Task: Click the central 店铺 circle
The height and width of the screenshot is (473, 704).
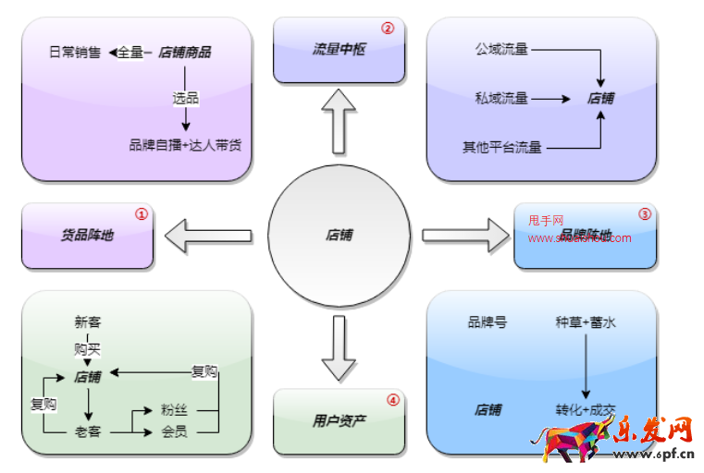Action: point(339,236)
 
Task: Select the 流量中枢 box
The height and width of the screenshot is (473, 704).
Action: point(339,50)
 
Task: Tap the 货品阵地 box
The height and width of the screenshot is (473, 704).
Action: point(87,236)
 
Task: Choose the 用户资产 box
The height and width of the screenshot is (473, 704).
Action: point(339,421)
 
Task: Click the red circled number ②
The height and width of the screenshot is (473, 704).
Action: point(388,29)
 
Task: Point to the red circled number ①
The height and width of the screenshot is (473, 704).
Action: point(142,213)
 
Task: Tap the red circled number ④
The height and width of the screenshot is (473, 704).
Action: point(393,400)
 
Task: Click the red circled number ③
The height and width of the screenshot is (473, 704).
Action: point(645,213)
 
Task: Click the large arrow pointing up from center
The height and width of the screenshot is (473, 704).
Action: point(339,120)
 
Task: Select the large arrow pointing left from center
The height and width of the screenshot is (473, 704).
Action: point(208,235)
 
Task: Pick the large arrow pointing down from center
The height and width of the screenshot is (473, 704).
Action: point(339,348)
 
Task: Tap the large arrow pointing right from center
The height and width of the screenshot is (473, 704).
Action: point(466,235)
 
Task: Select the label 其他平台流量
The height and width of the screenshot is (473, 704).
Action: point(502,147)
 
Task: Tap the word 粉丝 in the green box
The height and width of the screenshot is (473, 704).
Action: point(174,410)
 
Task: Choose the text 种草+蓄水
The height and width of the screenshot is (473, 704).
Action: point(585,322)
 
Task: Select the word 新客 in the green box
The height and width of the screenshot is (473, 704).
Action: point(88,322)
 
